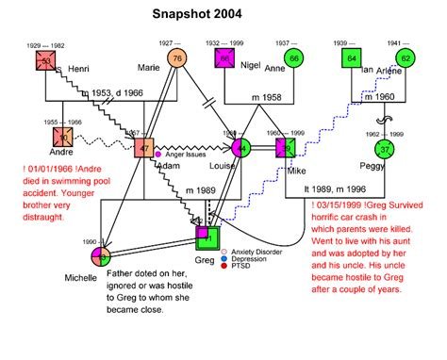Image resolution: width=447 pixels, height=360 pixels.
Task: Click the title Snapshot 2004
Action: (197, 16)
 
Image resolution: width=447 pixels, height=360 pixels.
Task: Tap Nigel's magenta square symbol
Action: (224, 58)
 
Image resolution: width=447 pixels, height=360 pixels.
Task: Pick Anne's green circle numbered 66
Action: (294, 58)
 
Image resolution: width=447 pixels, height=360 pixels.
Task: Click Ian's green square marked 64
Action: (351, 58)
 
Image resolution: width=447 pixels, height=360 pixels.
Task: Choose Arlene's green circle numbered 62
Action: (406, 58)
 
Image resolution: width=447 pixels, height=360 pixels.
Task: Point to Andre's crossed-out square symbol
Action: (61, 135)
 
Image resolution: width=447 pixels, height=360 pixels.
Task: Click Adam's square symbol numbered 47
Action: (143, 149)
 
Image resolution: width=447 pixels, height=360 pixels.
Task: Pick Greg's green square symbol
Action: (207, 237)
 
